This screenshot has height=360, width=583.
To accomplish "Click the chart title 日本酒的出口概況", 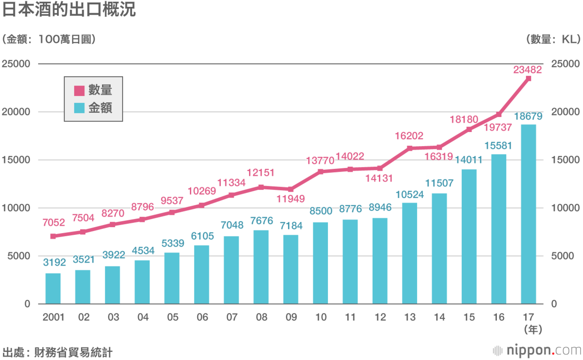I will coord(69,10).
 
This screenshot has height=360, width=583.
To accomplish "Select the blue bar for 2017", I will coord(528,214).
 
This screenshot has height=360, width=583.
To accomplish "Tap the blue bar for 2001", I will coord(53,288).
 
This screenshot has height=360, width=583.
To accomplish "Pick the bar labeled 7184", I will coord(291,269).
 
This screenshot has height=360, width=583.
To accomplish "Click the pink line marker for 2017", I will coord(528,78).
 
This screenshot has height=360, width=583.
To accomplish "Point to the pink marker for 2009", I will coord(291,189).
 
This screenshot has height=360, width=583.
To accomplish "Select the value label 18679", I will coord(528,117).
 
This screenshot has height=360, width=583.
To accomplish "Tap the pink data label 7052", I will coord(53,223).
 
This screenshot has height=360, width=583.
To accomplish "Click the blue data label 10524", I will coord(409,195).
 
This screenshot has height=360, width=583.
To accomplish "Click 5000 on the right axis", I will coord(563,256).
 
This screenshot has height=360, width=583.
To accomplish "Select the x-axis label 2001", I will coord(53,317).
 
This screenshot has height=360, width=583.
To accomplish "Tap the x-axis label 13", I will coord(409,317).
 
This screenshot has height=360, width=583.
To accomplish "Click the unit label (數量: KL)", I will coord(552,40).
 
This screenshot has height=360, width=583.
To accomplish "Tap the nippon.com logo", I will coord(537,350).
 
